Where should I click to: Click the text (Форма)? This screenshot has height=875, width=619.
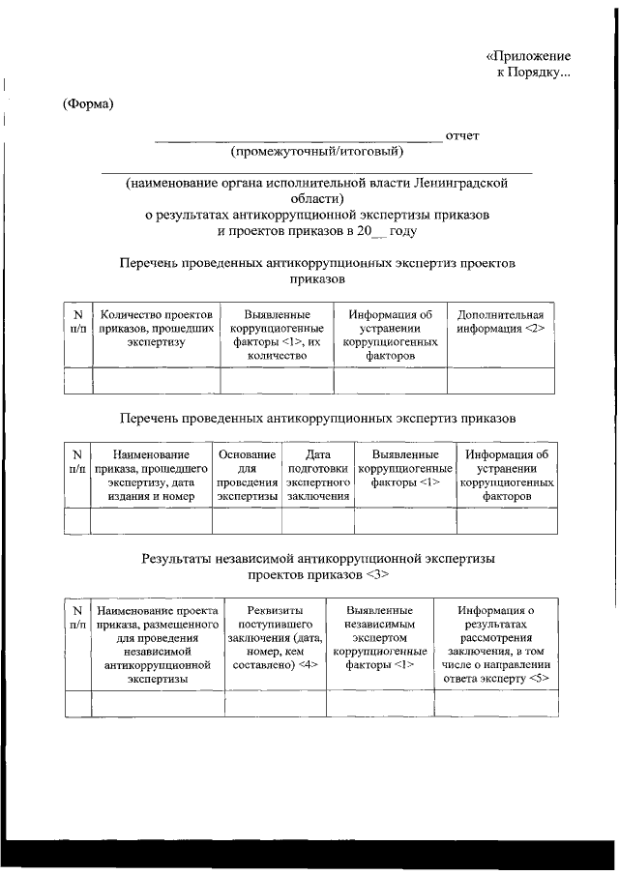point(88,104)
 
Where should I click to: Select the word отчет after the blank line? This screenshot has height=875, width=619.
point(462,135)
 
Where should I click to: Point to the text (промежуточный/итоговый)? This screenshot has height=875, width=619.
point(316,151)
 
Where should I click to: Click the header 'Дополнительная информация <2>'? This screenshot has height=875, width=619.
point(501,321)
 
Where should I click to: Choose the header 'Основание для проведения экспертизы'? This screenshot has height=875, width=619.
point(247,475)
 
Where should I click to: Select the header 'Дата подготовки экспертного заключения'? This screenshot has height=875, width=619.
point(317,475)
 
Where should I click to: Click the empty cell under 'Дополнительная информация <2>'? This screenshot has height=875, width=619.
point(501,381)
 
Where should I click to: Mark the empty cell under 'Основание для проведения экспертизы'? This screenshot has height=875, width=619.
point(247,520)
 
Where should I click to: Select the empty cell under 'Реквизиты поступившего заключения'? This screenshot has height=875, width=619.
point(275,703)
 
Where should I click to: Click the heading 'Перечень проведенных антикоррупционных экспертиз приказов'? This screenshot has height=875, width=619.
point(317,419)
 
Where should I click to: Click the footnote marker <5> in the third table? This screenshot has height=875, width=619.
point(539,680)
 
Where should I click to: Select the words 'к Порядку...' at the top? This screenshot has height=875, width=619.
point(533,74)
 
